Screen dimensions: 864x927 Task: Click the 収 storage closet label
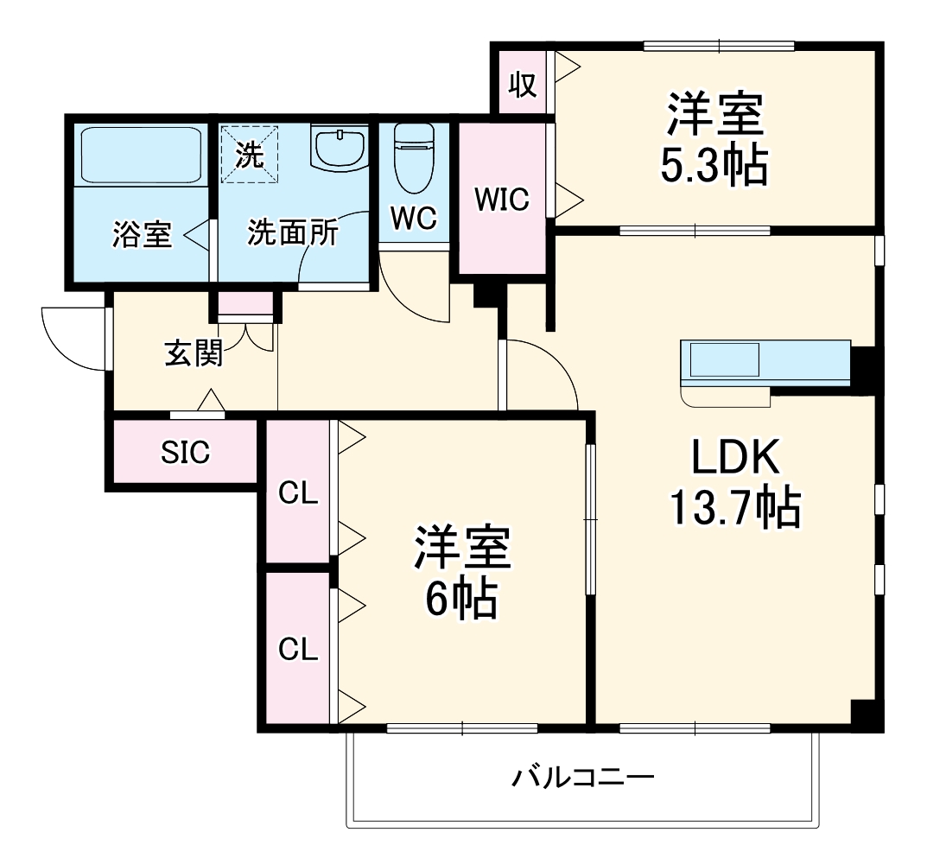pos(522,85)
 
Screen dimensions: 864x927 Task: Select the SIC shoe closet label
pos(185,453)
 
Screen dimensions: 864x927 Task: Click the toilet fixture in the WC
pos(413,159)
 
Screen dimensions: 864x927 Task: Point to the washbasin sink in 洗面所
pos(339,149)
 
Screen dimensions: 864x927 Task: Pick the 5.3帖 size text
pos(714,164)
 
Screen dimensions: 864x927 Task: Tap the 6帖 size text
pos(460,598)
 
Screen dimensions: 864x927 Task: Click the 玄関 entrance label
pos(194,353)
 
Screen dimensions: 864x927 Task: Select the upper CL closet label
pos(297,494)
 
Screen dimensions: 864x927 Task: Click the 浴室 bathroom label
pos(142,235)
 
